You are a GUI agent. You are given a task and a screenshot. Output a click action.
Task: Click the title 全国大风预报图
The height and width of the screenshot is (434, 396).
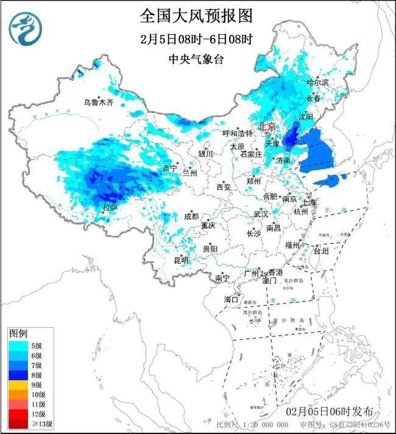coord(196,14)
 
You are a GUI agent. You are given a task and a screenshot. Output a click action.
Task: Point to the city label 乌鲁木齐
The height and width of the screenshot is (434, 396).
coord(99,102)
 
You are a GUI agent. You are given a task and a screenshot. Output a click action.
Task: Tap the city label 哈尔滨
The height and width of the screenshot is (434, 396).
coord(317,82)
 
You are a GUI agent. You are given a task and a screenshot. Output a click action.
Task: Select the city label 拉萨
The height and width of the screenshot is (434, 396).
coord(110,209)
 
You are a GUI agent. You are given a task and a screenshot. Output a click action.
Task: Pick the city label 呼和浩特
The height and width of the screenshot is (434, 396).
coord(237,133)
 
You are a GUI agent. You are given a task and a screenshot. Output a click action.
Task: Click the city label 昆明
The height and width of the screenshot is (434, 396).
coord(181,260)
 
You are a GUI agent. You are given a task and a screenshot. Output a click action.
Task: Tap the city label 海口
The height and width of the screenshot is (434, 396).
coord(232,299)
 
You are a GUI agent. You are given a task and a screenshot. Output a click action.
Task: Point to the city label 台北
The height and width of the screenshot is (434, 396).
coord(320,251)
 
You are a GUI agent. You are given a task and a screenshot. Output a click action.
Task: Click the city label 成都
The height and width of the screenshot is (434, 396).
coord(191,216)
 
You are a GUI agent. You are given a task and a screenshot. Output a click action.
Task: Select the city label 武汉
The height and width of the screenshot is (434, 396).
coord(261,214)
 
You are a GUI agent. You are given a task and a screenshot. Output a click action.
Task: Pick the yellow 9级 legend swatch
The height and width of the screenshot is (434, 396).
coord(18,385)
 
